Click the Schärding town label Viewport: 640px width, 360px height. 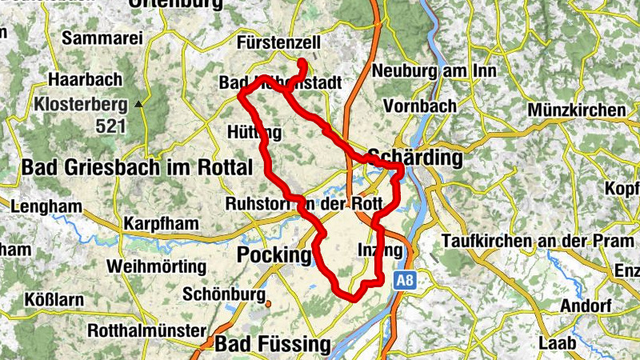[415, 158]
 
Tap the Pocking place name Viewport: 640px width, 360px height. [274, 255]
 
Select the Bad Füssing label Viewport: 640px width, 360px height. [273, 345]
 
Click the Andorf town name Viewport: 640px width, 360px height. [563, 306]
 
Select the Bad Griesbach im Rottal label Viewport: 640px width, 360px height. [137, 167]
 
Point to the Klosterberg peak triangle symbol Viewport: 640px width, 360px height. [138, 104]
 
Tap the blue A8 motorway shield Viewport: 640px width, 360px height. [403, 280]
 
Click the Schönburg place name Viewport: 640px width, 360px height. [224, 294]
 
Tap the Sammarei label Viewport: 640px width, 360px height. [102, 38]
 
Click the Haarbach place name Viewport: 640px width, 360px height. [85, 79]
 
